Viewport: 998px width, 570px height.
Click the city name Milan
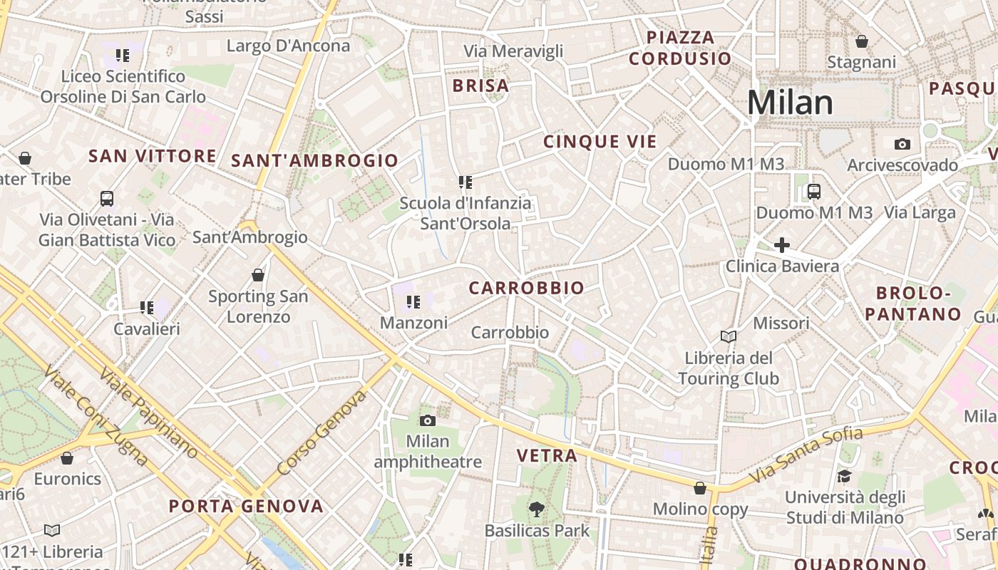click(790, 103)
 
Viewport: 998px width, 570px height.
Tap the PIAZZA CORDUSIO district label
click(680, 48)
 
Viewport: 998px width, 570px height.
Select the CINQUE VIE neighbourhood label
click(600, 142)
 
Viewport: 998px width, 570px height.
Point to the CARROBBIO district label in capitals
click(526, 289)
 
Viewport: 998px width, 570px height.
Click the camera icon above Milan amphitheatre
click(428, 420)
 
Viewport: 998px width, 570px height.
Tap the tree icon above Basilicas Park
click(537, 509)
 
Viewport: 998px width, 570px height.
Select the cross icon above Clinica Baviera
click(782, 245)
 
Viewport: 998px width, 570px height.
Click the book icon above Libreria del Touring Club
click(729, 336)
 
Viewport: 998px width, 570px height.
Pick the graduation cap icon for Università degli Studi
click(844, 476)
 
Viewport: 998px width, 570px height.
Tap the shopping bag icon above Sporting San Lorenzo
click(258, 275)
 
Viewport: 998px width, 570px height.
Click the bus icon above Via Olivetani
click(107, 199)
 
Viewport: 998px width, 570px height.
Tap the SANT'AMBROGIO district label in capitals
click(314, 161)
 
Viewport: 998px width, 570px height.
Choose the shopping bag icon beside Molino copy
click(700, 488)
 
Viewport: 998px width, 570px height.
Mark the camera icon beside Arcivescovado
click(902, 145)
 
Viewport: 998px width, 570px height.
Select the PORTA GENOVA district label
click(246, 507)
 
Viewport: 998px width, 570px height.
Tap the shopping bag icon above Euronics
click(67, 458)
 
